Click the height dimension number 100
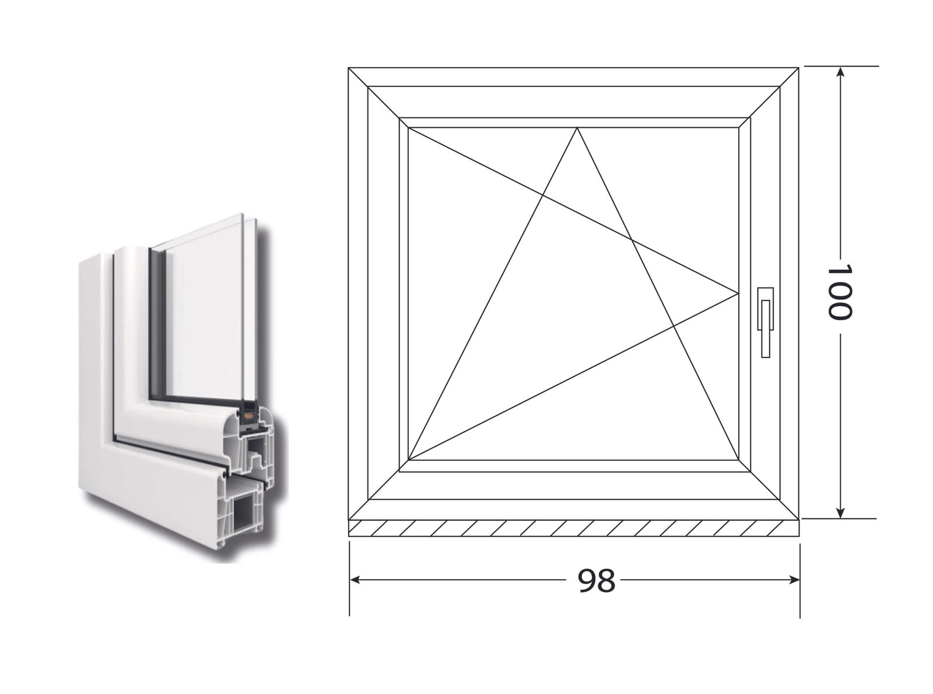click(x=839, y=292)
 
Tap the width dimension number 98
click(x=596, y=581)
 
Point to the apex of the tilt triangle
click(x=577, y=128)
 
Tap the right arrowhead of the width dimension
click(x=794, y=580)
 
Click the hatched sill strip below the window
click(x=573, y=528)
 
